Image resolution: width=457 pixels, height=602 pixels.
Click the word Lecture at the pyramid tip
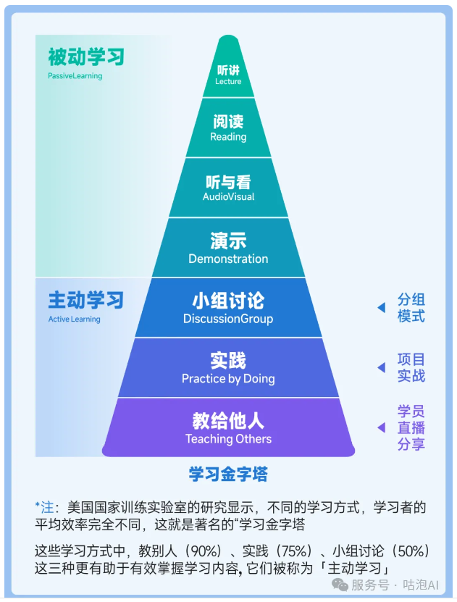pos(228,82)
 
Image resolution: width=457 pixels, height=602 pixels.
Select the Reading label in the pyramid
pos(228,137)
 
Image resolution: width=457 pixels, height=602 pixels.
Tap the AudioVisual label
pos(228,197)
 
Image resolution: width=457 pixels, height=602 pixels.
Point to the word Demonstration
pos(228,259)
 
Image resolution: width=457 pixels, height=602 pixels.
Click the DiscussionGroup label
pos(228,319)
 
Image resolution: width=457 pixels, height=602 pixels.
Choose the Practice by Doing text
pos(228,378)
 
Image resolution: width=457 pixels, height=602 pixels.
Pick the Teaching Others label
pos(228,439)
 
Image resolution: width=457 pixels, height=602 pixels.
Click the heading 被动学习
pos(85,57)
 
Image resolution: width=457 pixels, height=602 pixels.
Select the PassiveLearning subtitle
pos(75,76)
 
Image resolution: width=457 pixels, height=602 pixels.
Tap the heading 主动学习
pos(85,300)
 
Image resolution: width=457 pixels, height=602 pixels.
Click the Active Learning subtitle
pos(74,319)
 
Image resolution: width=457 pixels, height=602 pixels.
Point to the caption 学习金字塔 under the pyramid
pos(228,475)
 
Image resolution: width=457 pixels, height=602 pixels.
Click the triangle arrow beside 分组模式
pos(381,308)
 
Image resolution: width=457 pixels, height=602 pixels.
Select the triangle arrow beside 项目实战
pos(381,368)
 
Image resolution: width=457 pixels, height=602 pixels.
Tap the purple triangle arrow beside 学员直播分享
pos(381,428)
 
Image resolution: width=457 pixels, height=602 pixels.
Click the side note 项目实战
pos(411,367)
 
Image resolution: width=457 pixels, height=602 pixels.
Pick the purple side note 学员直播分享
pos(411,427)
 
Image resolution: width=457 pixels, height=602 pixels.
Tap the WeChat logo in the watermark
pos(339,584)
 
